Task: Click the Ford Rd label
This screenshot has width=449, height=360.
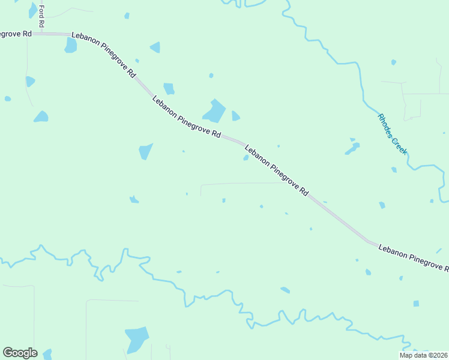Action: coord(41,16)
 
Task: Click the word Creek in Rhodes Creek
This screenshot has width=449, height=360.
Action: coord(399,146)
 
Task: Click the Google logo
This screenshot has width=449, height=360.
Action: coord(20,353)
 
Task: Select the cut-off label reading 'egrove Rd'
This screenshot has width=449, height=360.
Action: coord(15,34)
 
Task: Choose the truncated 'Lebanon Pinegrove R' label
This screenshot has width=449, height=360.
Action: coord(414,256)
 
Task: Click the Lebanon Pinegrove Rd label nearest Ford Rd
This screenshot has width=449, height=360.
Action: coord(103,55)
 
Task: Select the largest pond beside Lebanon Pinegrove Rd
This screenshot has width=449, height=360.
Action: coord(214,111)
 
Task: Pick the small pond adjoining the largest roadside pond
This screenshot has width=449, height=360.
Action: coord(235,116)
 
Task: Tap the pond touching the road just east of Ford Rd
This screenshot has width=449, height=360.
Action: coord(71,45)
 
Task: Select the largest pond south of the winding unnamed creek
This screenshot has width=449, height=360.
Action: coord(136,340)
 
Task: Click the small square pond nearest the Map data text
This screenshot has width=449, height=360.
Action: coord(416,304)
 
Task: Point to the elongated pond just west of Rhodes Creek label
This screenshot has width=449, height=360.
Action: coord(352,148)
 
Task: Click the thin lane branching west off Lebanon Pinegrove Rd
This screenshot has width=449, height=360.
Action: coord(240,184)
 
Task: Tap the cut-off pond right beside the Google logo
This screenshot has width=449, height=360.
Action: coord(47,354)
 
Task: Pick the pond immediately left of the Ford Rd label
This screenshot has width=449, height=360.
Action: coord(32,10)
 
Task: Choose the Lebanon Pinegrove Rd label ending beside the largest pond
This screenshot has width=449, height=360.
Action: coord(186,118)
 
